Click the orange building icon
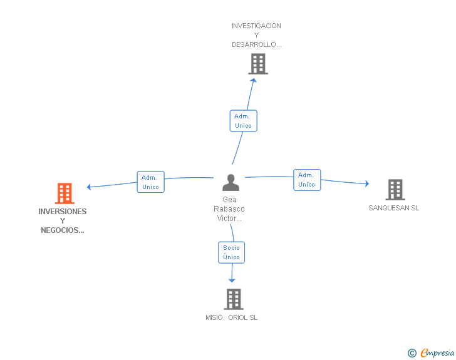(x=65, y=193)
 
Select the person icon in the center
(x=231, y=183)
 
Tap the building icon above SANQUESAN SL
(x=395, y=190)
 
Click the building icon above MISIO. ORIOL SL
(x=234, y=299)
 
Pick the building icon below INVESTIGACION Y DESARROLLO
(x=258, y=64)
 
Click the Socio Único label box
(x=232, y=252)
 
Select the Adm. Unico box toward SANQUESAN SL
(x=307, y=180)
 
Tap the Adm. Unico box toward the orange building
(x=150, y=182)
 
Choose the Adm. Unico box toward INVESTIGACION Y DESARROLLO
(x=244, y=121)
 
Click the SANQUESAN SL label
(x=394, y=208)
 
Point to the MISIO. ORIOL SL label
(x=232, y=317)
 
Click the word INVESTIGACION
(x=256, y=26)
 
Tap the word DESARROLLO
(x=254, y=44)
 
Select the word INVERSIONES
(x=63, y=212)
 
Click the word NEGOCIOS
(x=60, y=230)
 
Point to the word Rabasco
(x=229, y=209)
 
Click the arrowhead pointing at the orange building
(x=89, y=187)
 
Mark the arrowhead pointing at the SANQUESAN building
(x=367, y=183)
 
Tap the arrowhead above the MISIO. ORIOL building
(x=232, y=280)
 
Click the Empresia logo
(x=431, y=352)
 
